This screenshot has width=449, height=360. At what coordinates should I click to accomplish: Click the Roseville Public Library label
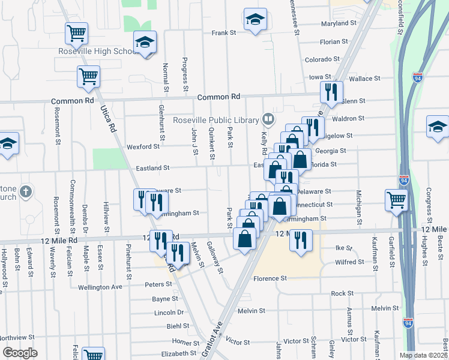pyautogui.click(x=215, y=119)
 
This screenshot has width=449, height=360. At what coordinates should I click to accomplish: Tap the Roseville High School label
pyautogui.click(x=98, y=52)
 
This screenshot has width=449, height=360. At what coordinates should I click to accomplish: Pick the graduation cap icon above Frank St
pyautogui.click(x=255, y=19)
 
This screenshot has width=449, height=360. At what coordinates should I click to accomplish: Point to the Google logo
pyautogui.click(x=20, y=353)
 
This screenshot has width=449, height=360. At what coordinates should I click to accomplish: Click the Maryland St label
pyautogui.click(x=339, y=23)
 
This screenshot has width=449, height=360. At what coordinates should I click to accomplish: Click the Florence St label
pyautogui.click(x=270, y=278)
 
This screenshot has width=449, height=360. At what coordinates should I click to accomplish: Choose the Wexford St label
pyautogui.click(x=143, y=146)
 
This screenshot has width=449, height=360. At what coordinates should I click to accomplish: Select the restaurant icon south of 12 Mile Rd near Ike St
pyautogui.click(x=300, y=239)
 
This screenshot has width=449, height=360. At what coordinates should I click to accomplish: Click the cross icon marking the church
pyautogui.click(x=25, y=192)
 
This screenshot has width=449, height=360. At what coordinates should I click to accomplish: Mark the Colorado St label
pyautogui.click(x=322, y=59)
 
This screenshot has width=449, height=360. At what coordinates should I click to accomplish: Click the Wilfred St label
pyautogui.click(x=349, y=262)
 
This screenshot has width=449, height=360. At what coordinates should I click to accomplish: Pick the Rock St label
pyautogui.click(x=342, y=293)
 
